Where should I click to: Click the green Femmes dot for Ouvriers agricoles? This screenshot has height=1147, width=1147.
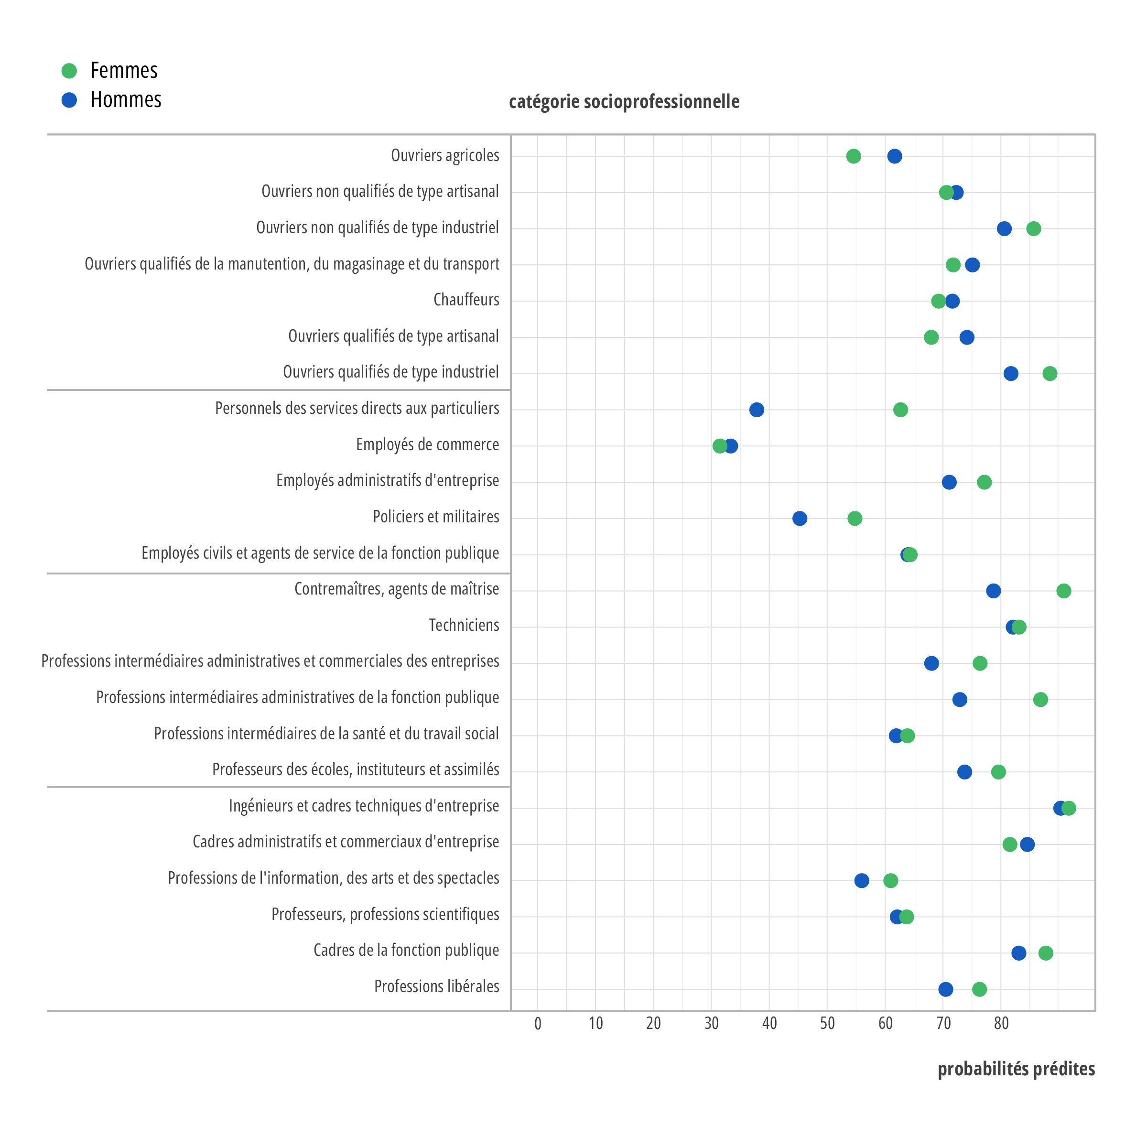(853, 156)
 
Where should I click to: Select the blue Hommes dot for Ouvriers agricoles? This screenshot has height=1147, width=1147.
(894, 156)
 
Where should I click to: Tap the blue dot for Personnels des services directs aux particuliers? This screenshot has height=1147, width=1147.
(757, 410)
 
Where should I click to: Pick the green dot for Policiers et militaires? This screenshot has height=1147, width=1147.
(855, 518)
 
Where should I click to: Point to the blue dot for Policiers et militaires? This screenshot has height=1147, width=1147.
(800, 518)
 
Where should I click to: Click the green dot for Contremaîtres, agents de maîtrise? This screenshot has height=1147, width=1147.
(1063, 591)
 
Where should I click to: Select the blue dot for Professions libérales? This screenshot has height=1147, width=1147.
(946, 989)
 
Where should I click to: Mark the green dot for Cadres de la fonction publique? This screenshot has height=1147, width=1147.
(1046, 953)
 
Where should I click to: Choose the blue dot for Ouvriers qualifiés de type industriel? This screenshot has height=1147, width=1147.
(1010, 373)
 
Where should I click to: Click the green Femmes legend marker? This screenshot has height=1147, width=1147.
(69, 71)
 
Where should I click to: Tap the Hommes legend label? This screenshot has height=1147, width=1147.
(126, 100)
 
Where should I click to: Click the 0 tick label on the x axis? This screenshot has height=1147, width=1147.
(537, 1024)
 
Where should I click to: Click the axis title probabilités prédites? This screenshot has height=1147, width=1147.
(1016, 1069)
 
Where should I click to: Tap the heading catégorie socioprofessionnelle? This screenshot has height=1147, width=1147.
(624, 101)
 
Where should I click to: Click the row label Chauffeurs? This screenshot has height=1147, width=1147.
(466, 300)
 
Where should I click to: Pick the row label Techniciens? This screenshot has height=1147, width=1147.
(464, 625)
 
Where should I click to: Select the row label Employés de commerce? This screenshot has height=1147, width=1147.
(427, 444)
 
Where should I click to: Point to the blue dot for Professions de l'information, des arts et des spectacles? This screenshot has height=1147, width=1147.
(861, 880)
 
